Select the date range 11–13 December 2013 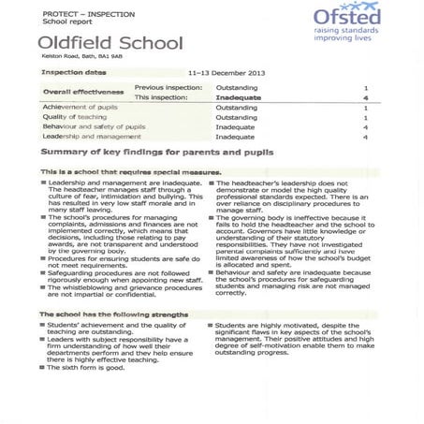point(227,72)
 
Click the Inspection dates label point(74,72)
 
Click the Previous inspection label point(168,87)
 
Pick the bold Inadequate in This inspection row point(239,97)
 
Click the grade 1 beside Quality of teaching point(365,118)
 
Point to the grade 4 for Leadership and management point(365,138)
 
